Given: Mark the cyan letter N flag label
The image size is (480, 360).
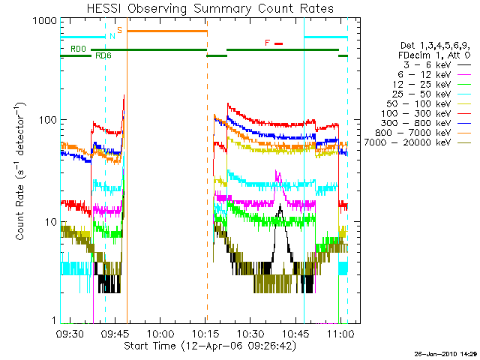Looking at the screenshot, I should click(112, 36).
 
